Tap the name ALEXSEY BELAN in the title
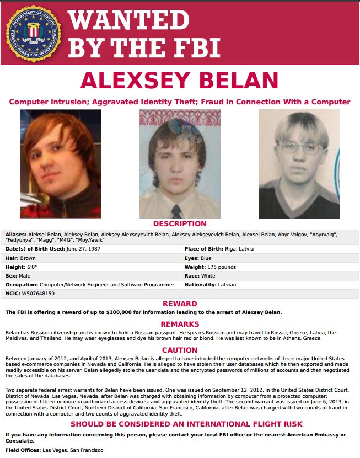(180, 81)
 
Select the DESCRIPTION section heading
(180, 224)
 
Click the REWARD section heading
(180, 303)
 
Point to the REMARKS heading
(180, 324)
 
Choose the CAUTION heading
(180, 350)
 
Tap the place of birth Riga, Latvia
(239, 249)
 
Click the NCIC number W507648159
(37, 293)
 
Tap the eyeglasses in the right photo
(299, 147)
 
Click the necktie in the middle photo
(176, 210)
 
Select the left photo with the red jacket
(60, 163)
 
